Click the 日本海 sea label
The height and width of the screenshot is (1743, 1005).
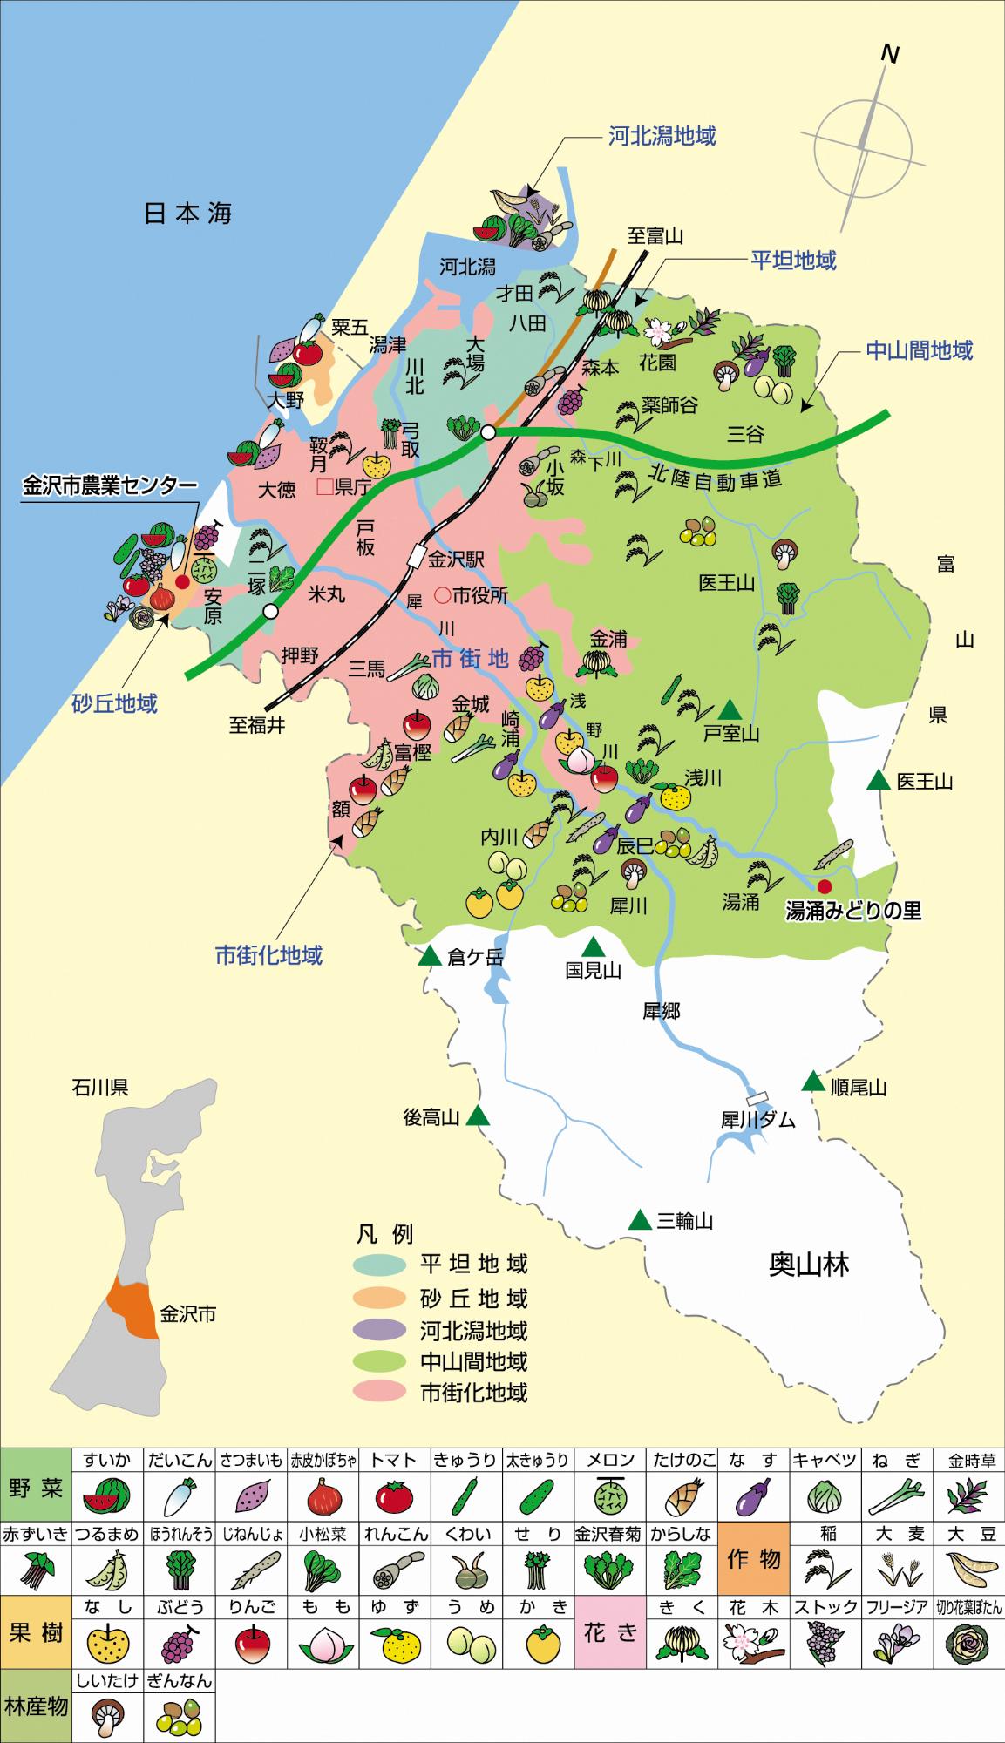[187, 214]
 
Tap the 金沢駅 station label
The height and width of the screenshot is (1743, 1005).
[456, 559]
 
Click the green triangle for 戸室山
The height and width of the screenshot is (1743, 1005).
[730, 708]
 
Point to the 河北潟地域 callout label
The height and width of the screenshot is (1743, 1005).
[662, 136]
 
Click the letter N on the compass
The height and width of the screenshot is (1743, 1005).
[889, 54]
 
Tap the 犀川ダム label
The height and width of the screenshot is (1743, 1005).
[757, 1121]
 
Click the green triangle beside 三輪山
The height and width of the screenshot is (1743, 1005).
[641, 1220]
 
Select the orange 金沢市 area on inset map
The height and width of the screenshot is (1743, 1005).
[129, 1307]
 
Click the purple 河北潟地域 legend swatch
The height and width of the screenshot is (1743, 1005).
[379, 1331]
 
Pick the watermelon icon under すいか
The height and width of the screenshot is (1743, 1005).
[106, 1499]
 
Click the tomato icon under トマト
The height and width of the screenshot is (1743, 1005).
[394, 1499]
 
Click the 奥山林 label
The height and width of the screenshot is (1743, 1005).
[808, 1265]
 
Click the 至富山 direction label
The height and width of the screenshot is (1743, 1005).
[655, 235]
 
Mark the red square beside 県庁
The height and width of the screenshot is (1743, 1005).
[324, 486]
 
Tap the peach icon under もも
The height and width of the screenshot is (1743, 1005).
[323, 1645]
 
